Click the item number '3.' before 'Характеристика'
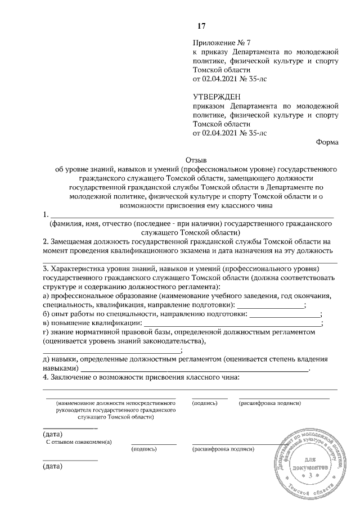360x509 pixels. pyautogui.click(x=46, y=268)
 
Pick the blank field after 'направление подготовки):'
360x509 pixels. pyautogui.click(x=269, y=305)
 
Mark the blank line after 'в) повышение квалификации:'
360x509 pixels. pyautogui.click(x=231, y=323)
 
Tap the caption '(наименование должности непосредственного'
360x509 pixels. pyautogui.click(x=113, y=403)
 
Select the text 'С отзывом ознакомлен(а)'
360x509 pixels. pyautogui.click(x=79, y=442)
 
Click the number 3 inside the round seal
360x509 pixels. pyautogui.click(x=310, y=476)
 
